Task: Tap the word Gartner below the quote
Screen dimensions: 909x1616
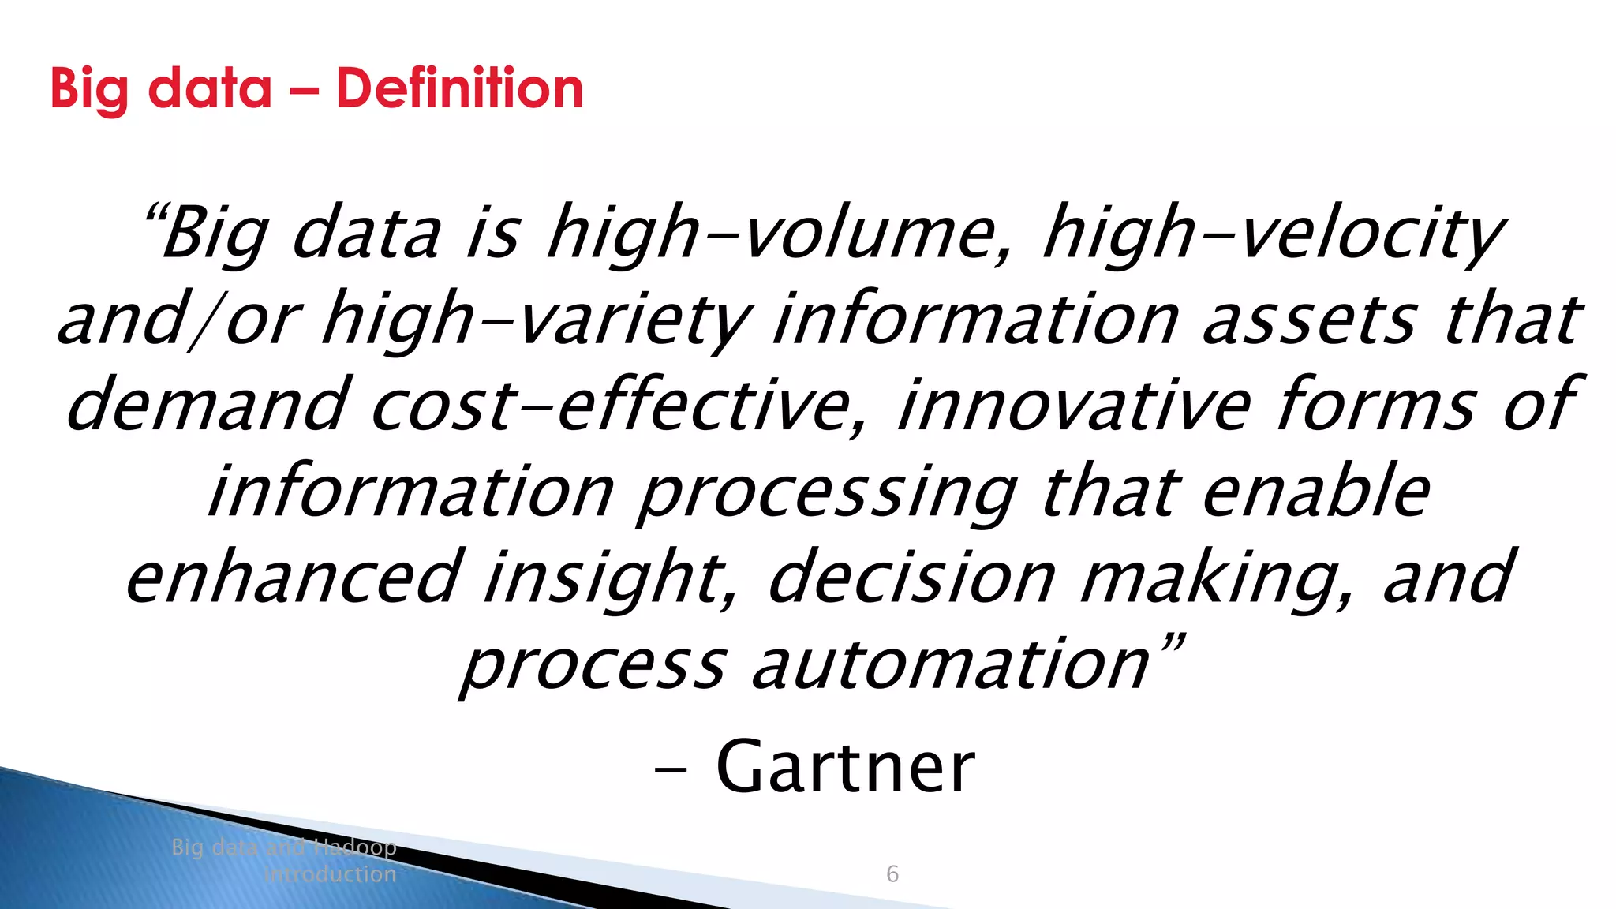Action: (845, 767)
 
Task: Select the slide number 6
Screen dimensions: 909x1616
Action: (892, 873)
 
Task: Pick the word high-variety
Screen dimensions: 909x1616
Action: (537, 320)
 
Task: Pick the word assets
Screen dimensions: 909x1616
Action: (1309, 320)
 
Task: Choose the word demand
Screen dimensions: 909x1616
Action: (207, 406)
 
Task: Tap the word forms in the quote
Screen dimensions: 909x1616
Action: (1375, 406)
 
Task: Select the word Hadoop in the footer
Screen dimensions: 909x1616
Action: (354, 847)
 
